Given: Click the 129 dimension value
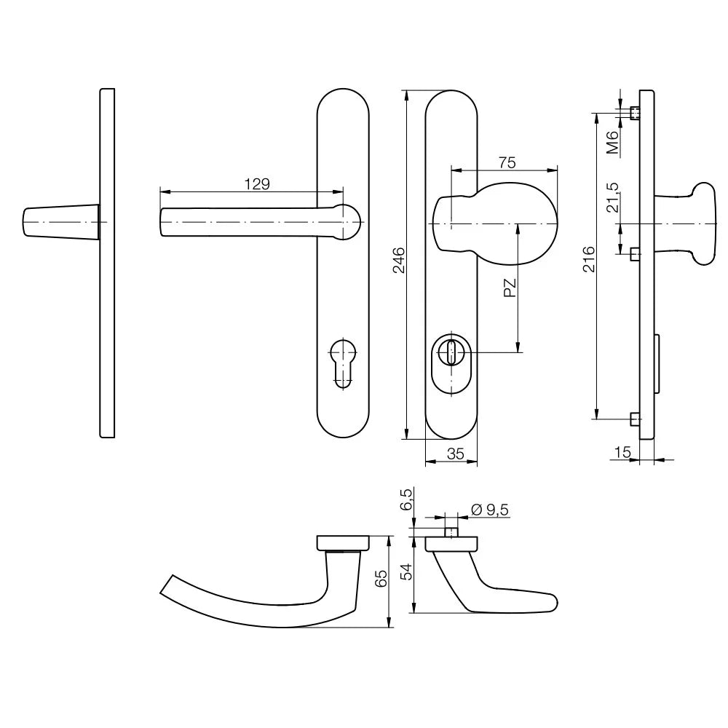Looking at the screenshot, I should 256,184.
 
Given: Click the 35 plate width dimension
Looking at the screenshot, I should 455,454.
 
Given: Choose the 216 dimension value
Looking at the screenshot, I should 590,260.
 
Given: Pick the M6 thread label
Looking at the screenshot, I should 613,143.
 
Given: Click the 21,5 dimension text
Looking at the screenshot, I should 613,197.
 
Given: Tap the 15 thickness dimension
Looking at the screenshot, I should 622,453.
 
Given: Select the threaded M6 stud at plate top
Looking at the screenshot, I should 634,113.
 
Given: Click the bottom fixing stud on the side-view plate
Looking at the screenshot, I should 634,419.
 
